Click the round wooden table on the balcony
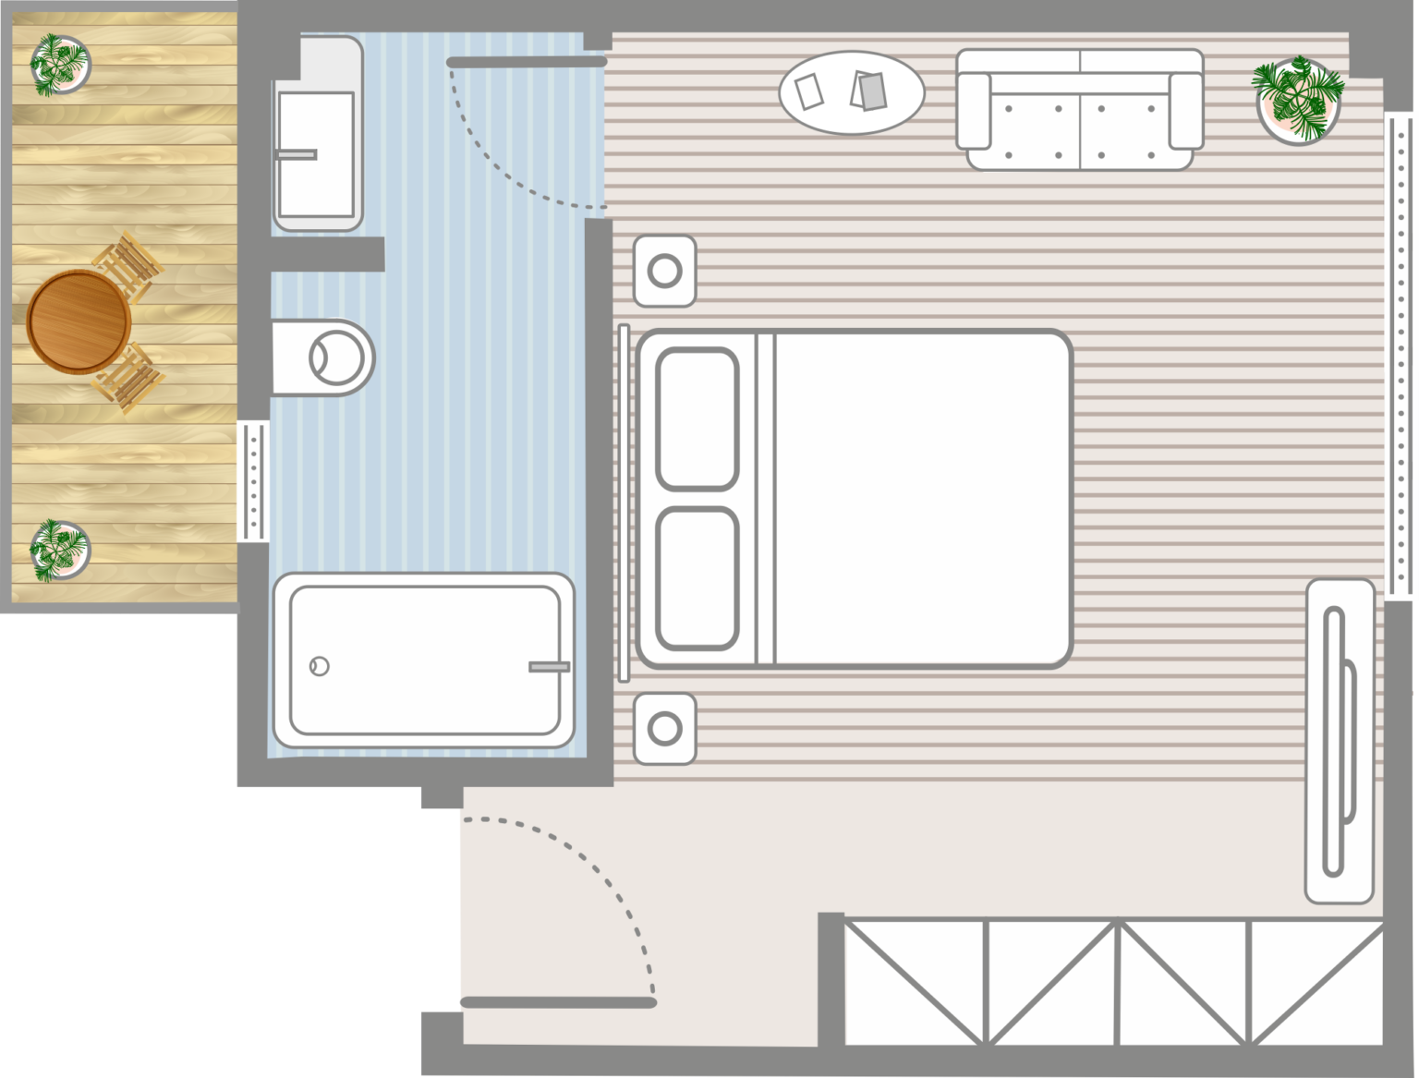(79, 321)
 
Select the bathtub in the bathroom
(424, 660)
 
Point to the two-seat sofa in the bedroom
(1080, 111)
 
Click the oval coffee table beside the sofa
(851, 91)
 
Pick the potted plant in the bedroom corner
(1297, 100)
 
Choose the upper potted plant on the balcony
(60, 64)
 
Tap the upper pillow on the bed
(697, 418)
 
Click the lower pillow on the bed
(697, 577)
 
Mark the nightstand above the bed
(664, 271)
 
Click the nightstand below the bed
(664, 729)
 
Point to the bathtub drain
(320, 665)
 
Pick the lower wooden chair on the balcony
(129, 377)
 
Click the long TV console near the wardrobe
(1339, 741)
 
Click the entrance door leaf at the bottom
(558, 1002)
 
